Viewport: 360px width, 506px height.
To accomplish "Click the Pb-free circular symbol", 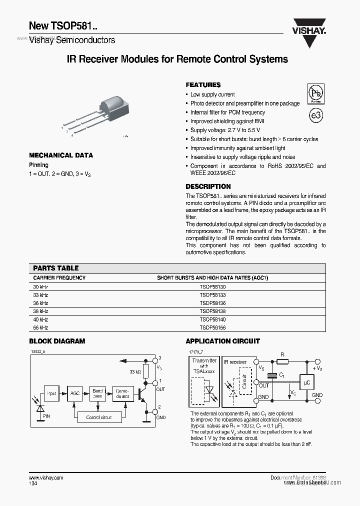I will coord(315,93).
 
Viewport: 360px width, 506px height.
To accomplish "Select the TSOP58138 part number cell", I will coord(212,311).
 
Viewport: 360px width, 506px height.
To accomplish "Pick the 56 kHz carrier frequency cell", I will coord(40,327).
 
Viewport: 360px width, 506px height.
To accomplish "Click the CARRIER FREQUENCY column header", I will coord(59,277).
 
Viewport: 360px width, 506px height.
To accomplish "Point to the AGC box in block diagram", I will coord(75,393).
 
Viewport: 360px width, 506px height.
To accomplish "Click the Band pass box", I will coord(98,393).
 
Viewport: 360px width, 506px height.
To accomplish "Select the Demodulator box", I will coord(122,393).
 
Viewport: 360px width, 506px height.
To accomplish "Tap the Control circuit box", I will coord(99,417).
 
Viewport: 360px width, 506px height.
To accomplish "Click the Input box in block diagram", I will coord(52,393).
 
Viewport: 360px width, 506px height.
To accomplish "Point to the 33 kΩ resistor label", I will coord(134,371).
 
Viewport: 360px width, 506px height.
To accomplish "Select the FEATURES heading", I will coord(203,85).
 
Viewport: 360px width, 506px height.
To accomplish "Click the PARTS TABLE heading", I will coord(56,268).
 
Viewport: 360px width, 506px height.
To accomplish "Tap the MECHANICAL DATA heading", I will coord(61,155).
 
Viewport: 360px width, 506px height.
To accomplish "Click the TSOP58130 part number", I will coord(212,286).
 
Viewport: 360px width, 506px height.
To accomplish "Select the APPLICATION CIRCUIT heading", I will coord(222,341).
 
